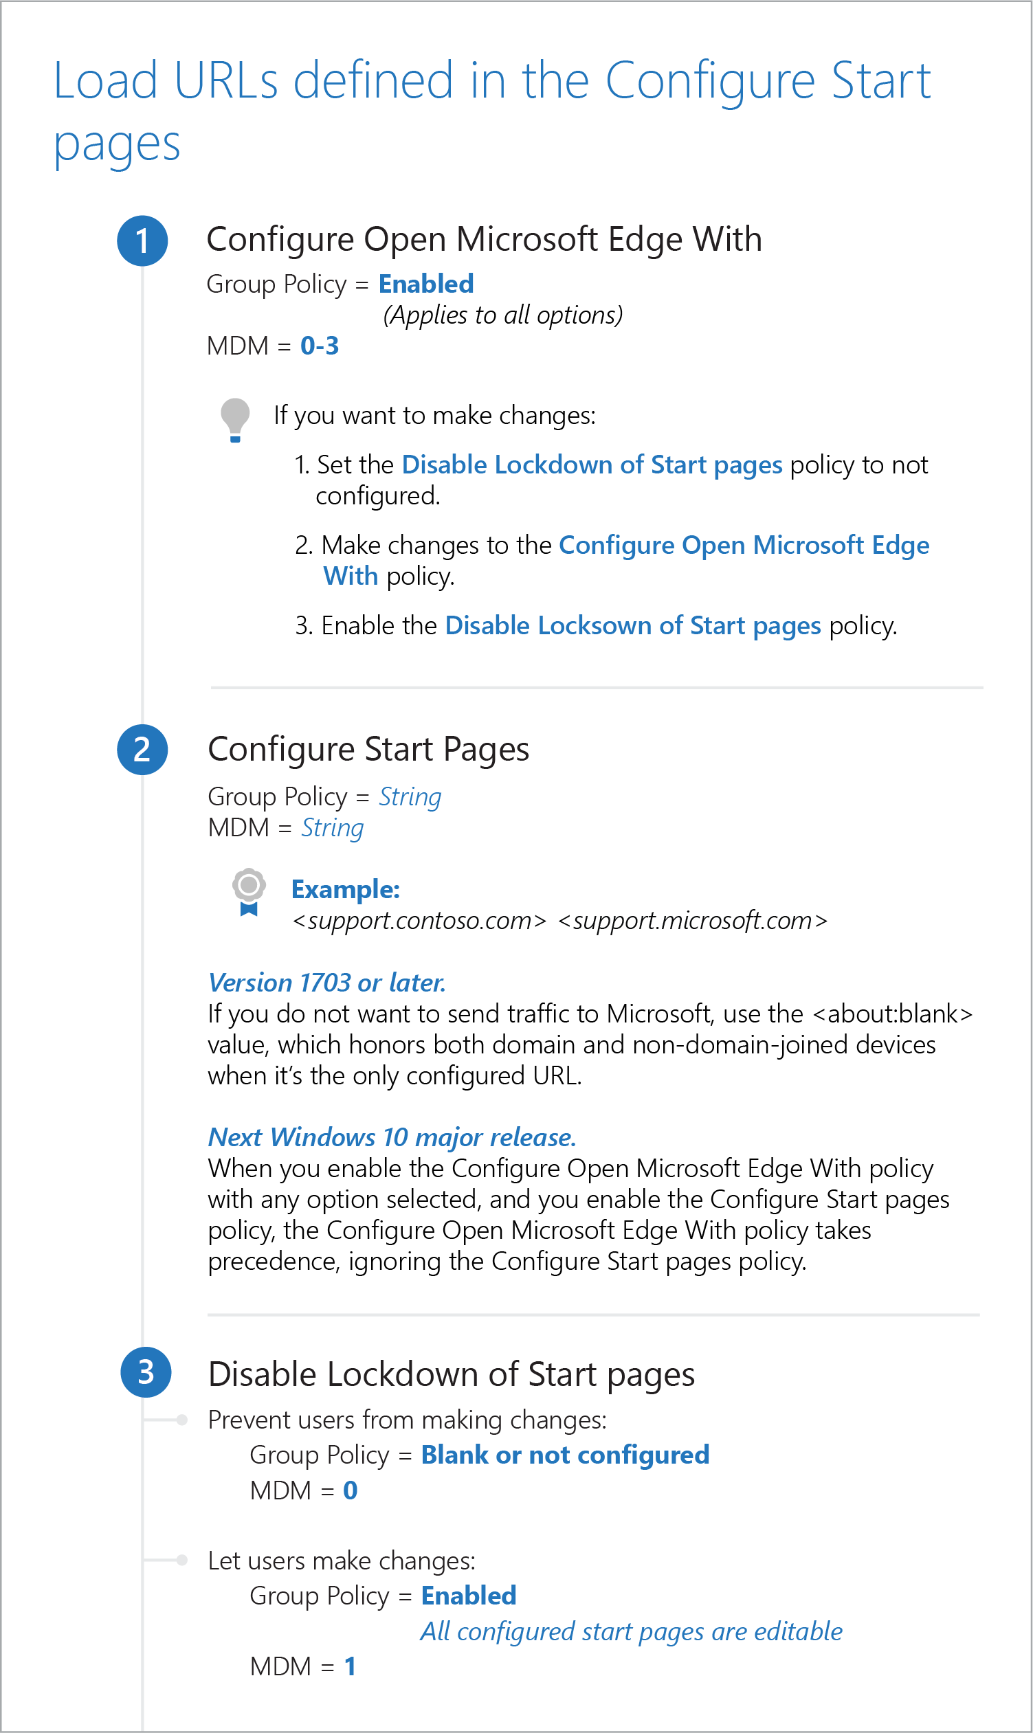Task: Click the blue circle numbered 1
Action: [142, 241]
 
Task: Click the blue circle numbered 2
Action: [142, 750]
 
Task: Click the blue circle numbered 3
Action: [146, 1372]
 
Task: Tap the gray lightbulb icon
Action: [234, 419]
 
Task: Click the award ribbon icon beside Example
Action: [249, 892]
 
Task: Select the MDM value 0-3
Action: [320, 345]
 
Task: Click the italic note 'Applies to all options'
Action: [502, 315]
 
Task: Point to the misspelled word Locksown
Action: [595, 625]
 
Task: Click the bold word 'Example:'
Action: [345, 888]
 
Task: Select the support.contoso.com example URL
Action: [419, 920]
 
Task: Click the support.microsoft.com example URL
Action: [693, 920]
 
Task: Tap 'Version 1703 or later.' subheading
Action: [326, 982]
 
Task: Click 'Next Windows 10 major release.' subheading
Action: [392, 1137]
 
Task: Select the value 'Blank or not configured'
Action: [565, 1455]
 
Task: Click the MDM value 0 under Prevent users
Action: [350, 1490]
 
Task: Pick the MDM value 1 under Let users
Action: [349, 1666]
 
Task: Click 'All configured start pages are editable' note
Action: [631, 1631]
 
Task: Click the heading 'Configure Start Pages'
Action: [368, 749]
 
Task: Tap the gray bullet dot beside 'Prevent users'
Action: [181, 1420]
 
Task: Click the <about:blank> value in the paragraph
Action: [892, 1014]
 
